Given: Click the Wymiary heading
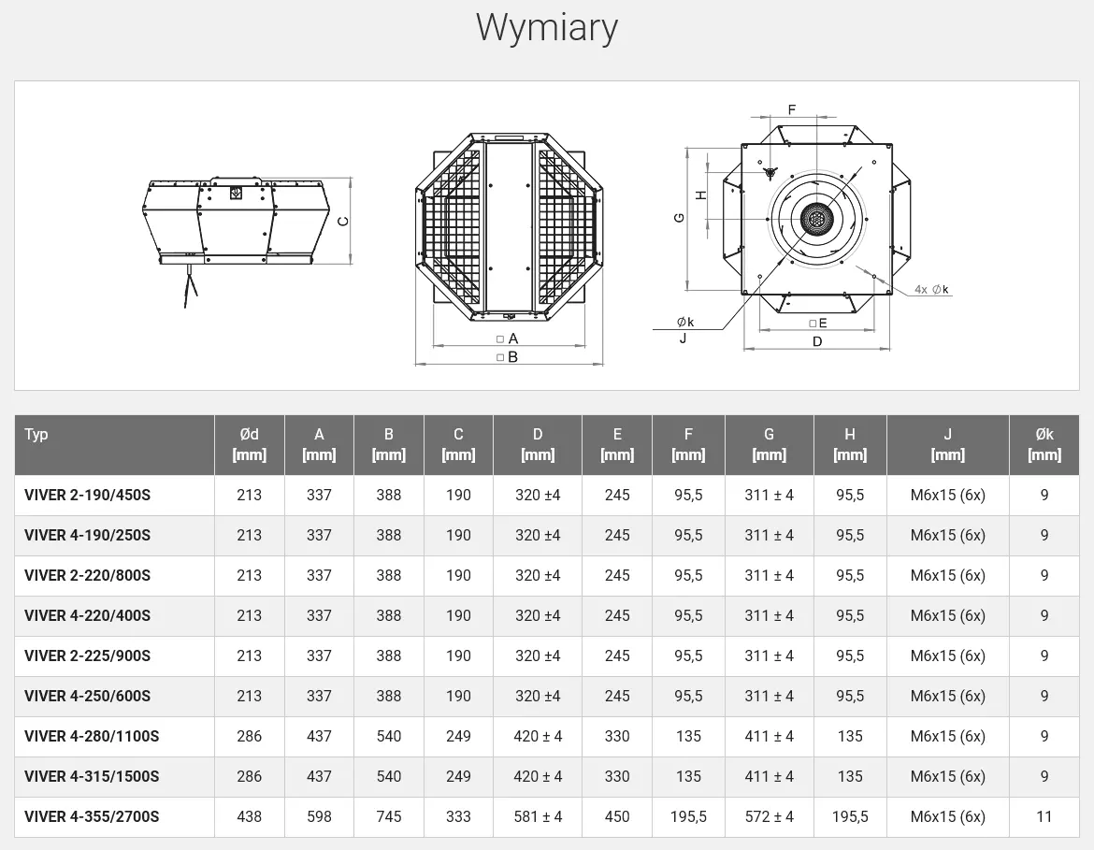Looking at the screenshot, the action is coord(547,29).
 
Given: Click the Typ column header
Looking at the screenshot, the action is coord(36,434).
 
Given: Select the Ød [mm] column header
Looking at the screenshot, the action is coord(249,444).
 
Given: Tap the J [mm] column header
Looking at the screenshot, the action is coord(947,444).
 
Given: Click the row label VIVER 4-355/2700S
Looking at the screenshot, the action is coord(92,816).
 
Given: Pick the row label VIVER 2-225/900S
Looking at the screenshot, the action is coord(87,656).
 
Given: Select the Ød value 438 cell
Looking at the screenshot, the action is coord(249,816).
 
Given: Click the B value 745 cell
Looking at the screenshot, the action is coord(389,816).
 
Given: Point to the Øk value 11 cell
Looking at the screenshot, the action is coord(1044,816).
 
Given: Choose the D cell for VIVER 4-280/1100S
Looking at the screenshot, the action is coord(538,736).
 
